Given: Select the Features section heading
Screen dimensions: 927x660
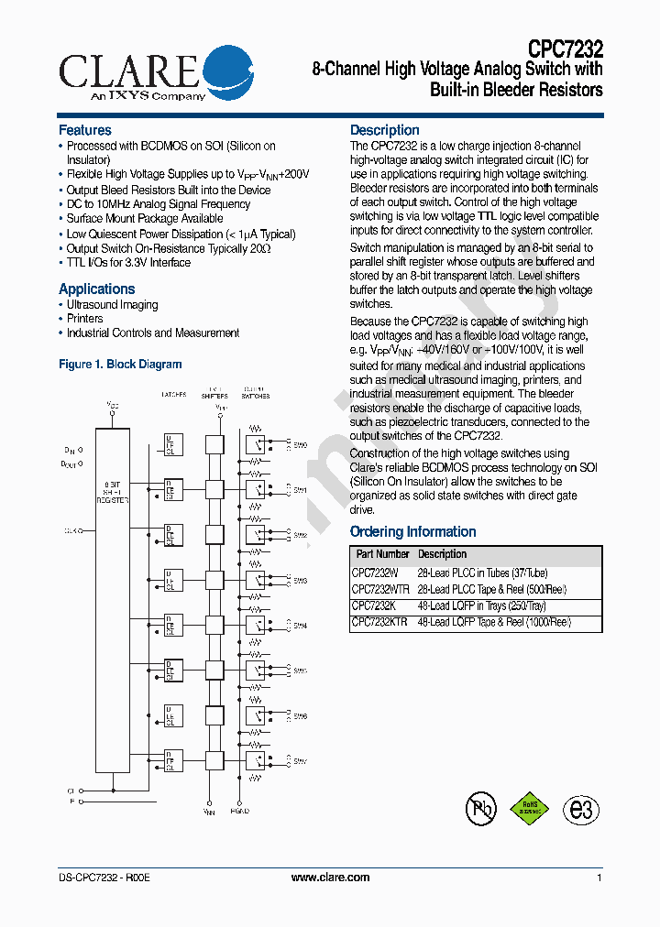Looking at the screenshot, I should (85, 130).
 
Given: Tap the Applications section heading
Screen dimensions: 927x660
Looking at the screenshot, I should (96, 289).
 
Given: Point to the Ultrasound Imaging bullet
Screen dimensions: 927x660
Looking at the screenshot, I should (112, 305).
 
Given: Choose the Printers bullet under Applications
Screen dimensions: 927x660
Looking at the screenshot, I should (84, 319).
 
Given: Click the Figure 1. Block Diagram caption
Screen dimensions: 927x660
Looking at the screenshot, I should (120, 365).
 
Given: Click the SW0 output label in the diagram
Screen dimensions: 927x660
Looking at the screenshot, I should (300, 444).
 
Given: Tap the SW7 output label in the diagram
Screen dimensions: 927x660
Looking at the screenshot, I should (300, 761).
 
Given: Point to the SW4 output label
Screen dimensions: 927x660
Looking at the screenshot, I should (300, 626).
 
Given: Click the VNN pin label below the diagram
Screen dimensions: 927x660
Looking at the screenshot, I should (209, 811).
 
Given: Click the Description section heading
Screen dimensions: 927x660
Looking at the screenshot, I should (385, 130).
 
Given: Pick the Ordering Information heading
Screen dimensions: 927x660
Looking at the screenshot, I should (413, 532).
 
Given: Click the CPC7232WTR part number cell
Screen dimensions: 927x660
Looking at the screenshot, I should (380, 590).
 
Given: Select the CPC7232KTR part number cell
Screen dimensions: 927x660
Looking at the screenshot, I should (380, 623).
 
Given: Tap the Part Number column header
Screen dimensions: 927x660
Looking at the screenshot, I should (382, 555).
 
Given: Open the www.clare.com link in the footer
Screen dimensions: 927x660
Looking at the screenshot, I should (330, 878).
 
